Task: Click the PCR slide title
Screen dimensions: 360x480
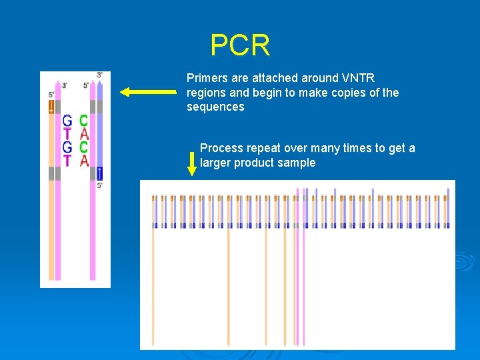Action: pyautogui.click(x=240, y=45)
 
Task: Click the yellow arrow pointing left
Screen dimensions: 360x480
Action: pyautogui.click(x=148, y=93)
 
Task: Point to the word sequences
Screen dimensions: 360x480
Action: pyautogui.click(x=215, y=107)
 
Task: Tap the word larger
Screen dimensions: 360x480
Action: pyautogui.click(x=215, y=163)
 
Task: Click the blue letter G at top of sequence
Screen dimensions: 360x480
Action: pyautogui.click(x=67, y=121)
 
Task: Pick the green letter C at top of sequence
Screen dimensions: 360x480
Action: pyautogui.click(x=83, y=121)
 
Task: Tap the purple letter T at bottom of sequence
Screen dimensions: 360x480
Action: pyautogui.click(x=67, y=160)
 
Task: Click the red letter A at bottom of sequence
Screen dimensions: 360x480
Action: pyautogui.click(x=84, y=160)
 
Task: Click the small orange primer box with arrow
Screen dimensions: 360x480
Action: pyautogui.click(x=51, y=107)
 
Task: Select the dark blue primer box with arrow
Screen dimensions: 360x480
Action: pyautogui.click(x=99, y=173)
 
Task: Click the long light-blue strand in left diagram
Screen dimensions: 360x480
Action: pyautogui.click(x=99, y=133)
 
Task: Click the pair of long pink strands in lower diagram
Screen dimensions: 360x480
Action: pyautogui.click(x=300, y=280)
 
